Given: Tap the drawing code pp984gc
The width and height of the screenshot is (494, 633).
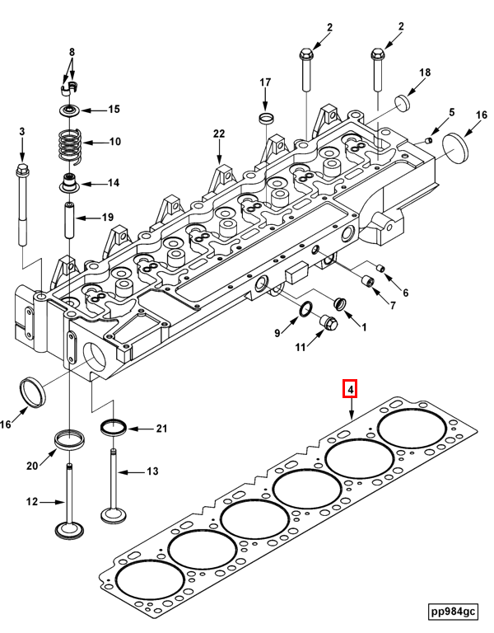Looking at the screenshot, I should click(x=452, y=611).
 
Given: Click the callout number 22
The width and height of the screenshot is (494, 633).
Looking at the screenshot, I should click(x=218, y=133).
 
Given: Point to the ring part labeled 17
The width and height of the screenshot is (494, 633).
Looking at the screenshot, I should click(x=266, y=119).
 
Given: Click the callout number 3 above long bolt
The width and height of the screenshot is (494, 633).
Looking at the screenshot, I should click(x=22, y=132).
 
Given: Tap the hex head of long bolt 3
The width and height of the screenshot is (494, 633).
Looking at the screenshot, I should click(x=21, y=171).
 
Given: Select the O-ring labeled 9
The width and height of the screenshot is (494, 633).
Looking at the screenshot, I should click(x=304, y=311).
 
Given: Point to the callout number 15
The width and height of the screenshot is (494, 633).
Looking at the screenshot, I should click(x=114, y=109).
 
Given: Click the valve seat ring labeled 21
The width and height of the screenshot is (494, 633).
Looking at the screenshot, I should click(x=113, y=427).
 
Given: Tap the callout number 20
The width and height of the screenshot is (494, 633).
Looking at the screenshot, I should click(x=32, y=466).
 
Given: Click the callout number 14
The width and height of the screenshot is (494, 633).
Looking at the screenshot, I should click(x=114, y=183).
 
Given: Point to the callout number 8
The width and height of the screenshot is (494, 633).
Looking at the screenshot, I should click(x=72, y=52).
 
